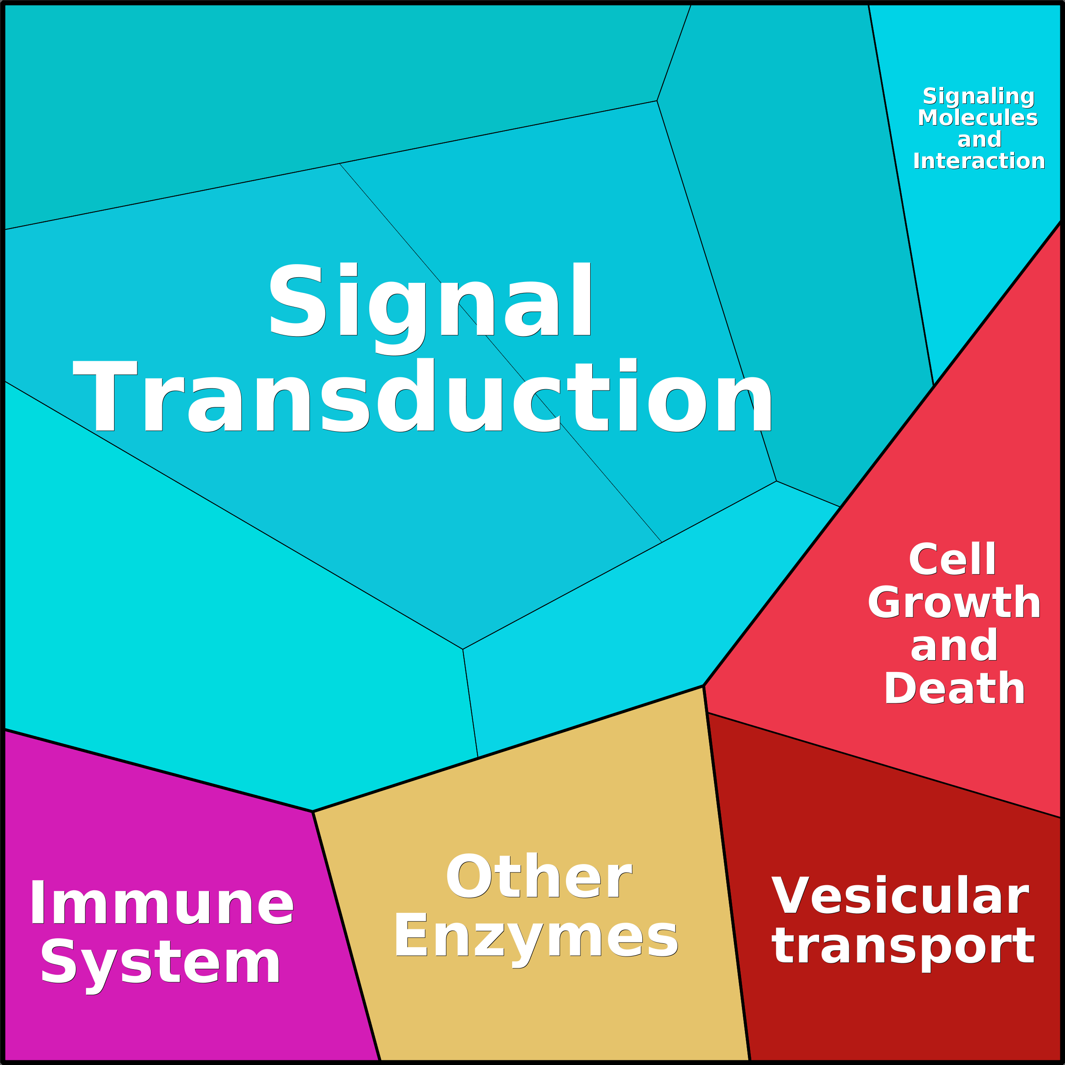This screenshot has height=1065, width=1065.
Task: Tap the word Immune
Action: (162, 903)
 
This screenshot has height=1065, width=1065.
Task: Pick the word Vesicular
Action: (900, 896)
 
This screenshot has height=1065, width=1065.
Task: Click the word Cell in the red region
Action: (952, 559)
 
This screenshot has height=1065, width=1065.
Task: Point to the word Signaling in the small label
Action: (979, 97)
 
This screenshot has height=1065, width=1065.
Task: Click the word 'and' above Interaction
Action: (979, 139)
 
